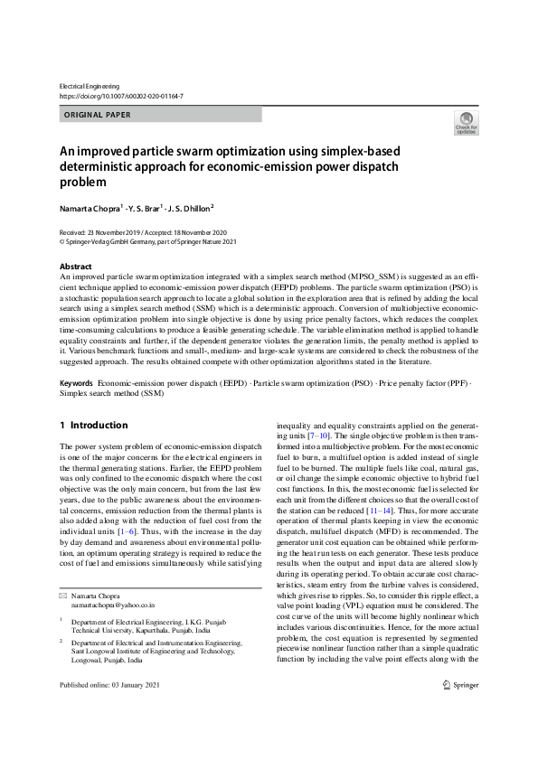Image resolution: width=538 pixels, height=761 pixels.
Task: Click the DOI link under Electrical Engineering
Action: coord(121,95)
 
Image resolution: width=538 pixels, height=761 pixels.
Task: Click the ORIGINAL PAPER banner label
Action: coord(98,115)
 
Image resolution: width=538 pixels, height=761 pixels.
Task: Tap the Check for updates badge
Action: coord(467,124)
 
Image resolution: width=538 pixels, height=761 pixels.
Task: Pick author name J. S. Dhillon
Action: coord(191,207)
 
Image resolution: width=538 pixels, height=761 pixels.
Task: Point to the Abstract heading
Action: coord(75,267)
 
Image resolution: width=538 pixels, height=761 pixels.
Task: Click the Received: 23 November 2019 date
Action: coord(99,233)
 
